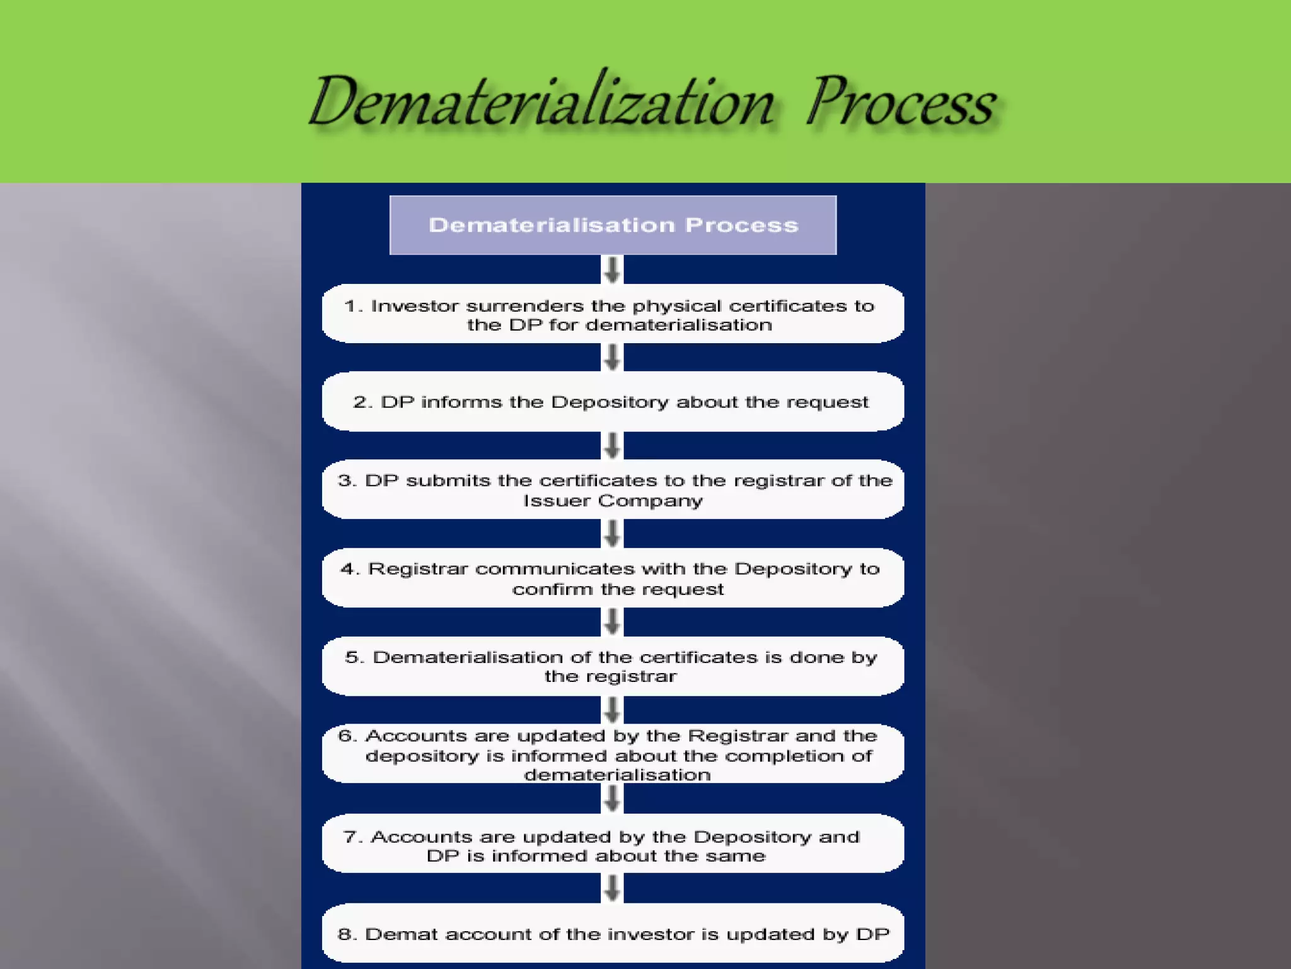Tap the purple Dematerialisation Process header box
point(613,225)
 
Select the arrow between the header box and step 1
point(612,269)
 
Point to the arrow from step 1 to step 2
point(612,357)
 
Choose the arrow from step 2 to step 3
point(612,445)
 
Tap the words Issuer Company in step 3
point(612,501)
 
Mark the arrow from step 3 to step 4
point(612,534)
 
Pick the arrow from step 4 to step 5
point(612,622)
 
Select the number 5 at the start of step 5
point(353,657)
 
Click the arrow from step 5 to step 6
point(612,710)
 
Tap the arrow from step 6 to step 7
point(612,799)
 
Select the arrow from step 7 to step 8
point(612,888)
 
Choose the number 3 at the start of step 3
point(346,481)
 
